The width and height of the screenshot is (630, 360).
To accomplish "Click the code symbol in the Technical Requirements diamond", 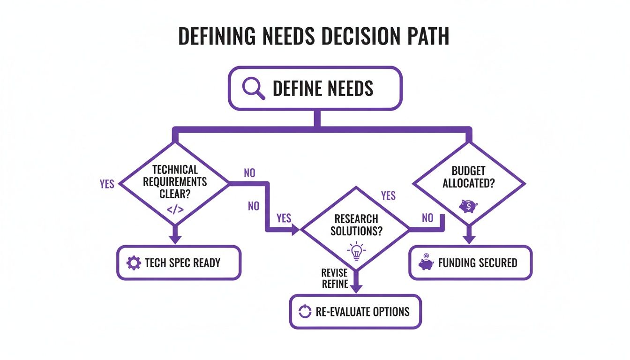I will tap(175, 209).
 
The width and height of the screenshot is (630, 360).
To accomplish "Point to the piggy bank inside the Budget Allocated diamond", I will tap(468, 206).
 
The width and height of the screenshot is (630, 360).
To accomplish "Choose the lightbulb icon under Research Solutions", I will tap(356, 251).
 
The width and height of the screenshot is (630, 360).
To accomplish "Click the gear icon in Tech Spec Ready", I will tap(134, 262).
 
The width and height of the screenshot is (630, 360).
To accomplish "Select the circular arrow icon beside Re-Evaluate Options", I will tap(305, 311).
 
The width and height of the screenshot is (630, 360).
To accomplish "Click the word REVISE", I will tap(335, 273).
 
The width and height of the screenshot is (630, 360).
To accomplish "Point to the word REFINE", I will tap(335, 284).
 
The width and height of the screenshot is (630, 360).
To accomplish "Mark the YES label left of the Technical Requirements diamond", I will tap(107, 184).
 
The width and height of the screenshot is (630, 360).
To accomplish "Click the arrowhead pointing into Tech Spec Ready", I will tap(175, 239).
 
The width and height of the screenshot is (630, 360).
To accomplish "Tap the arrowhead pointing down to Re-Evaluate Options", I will tap(357, 288).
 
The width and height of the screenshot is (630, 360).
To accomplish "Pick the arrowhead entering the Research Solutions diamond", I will tap(295, 230).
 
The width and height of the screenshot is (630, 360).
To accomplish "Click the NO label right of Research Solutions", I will tap(427, 217).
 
